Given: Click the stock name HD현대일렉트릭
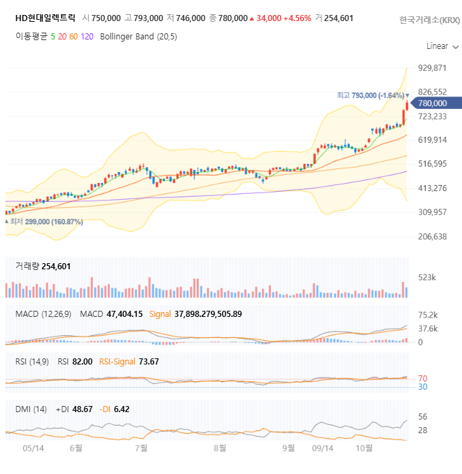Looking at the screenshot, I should pos(46,18).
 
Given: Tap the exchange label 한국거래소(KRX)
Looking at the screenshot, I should pos(429,20).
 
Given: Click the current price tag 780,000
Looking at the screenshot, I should pos(433,103).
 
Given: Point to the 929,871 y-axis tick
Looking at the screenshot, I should pos(432,68).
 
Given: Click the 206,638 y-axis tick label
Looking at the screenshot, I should pos(432,237).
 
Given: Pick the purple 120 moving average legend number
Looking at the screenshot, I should pos(87,37).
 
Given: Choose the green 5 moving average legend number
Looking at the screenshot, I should pos(53,37).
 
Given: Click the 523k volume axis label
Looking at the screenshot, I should pos(427,277).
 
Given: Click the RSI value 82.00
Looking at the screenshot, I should pos(82,361).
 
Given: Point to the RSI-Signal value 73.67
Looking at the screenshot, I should pos(148,361).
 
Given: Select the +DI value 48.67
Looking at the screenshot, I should pos(84,409).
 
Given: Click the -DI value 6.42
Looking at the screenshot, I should pos(122,409).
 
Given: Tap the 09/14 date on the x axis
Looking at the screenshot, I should pos(322,448).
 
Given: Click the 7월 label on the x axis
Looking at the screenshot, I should pos(141,448).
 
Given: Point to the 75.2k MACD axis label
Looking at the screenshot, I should pos(427,316).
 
